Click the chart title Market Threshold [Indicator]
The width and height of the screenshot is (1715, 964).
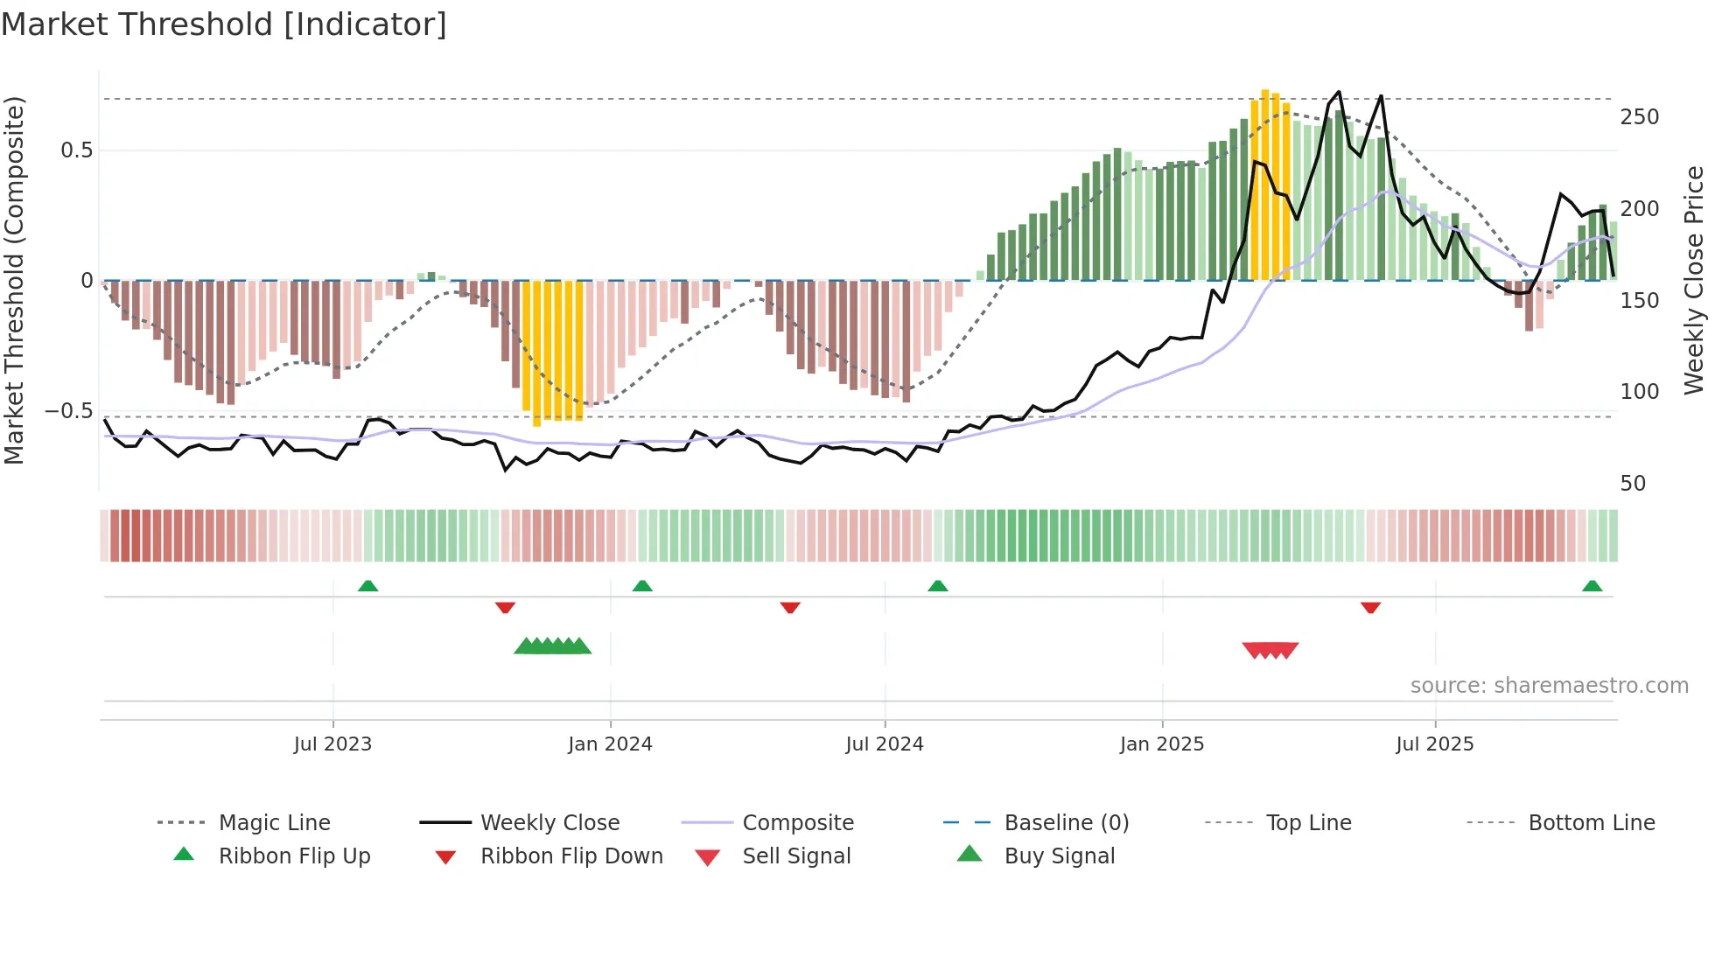coord(224,24)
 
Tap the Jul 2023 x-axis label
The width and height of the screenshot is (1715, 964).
coord(332,744)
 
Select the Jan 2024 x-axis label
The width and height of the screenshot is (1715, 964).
coord(610,744)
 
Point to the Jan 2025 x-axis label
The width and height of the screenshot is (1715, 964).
coord(1162,744)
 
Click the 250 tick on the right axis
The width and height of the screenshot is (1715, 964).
coord(1639,117)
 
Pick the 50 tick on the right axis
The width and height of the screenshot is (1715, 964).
coord(1633,484)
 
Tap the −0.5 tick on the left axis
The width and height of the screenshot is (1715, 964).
coord(68,411)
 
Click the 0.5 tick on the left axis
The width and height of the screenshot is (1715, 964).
coord(76,150)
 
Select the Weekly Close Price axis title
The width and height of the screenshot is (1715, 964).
coord(1694,280)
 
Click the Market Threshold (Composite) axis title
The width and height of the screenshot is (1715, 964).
coord(14,280)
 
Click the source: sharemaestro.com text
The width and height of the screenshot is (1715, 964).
coord(1549,686)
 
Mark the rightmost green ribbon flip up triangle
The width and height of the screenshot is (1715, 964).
coord(1592,586)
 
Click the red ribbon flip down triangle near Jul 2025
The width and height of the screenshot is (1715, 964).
coord(1370,607)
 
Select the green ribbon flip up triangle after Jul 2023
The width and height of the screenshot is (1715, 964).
coord(367,586)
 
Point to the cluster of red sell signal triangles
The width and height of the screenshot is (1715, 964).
coord(1270,650)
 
